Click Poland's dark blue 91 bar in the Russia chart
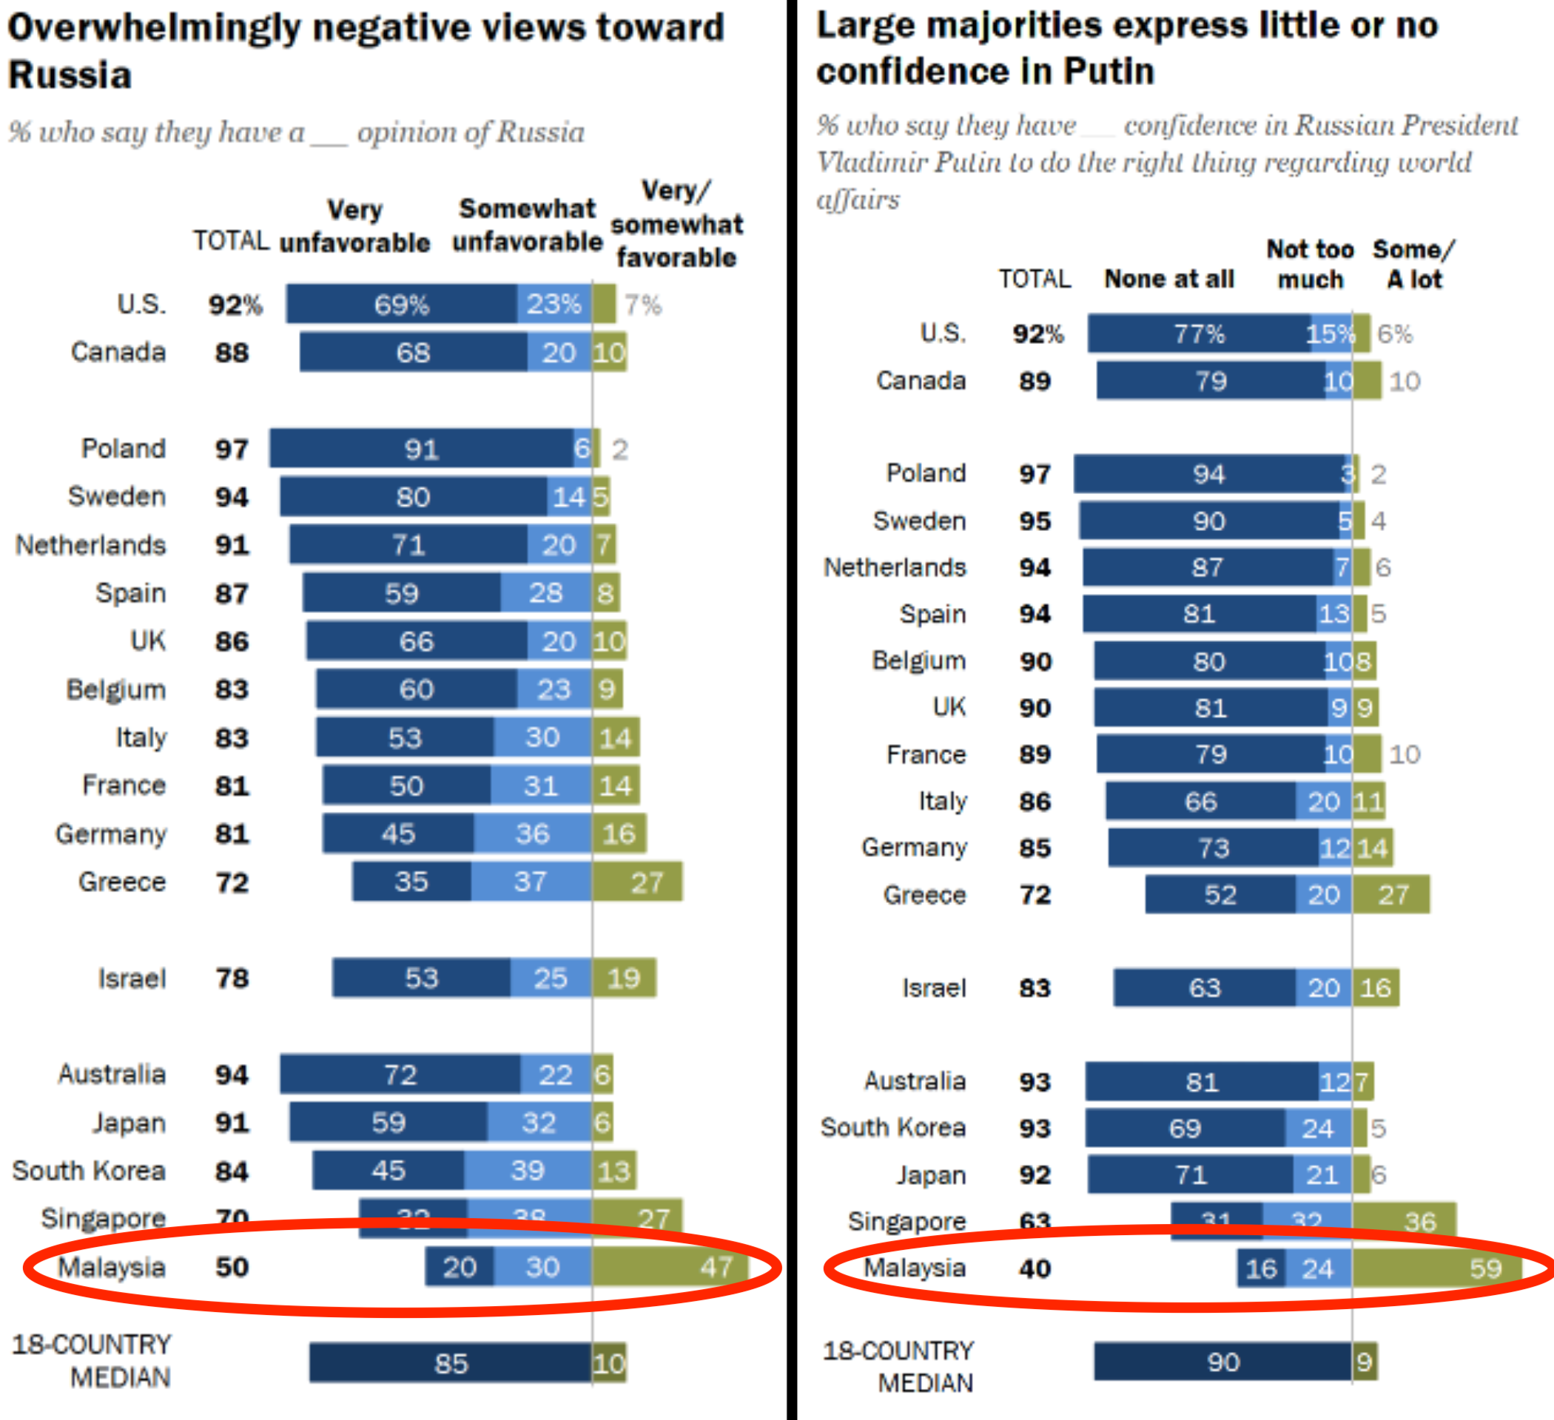pyautogui.click(x=421, y=448)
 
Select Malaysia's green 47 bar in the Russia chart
pyautogui.click(x=669, y=1267)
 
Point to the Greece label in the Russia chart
pyautogui.click(x=122, y=882)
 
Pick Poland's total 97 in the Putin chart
pyautogui.click(x=1035, y=474)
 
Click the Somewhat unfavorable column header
pyautogui.click(x=527, y=225)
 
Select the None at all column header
pyautogui.click(x=1168, y=279)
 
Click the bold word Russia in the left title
pyautogui.click(x=70, y=75)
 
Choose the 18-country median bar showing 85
pyautogui.click(x=450, y=1363)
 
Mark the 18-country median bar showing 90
pyautogui.click(x=1222, y=1362)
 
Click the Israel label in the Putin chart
pyautogui.click(x=934, y=988)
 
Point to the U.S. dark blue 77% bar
pyautogui.click(x=1199, y=334)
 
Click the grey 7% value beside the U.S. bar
pyautogui.click(x=643, y=305)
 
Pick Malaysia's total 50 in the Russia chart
pyautogui.click(x=231, y=1267)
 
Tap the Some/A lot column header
pyautogui.click(x=1413, y=264)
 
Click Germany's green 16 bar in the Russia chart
pyautogui.click(x=619, y=834)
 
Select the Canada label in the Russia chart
pyautogui.click(x=118, y=352)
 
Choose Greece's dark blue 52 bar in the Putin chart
pyautogui.click(x=1220, y=895)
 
